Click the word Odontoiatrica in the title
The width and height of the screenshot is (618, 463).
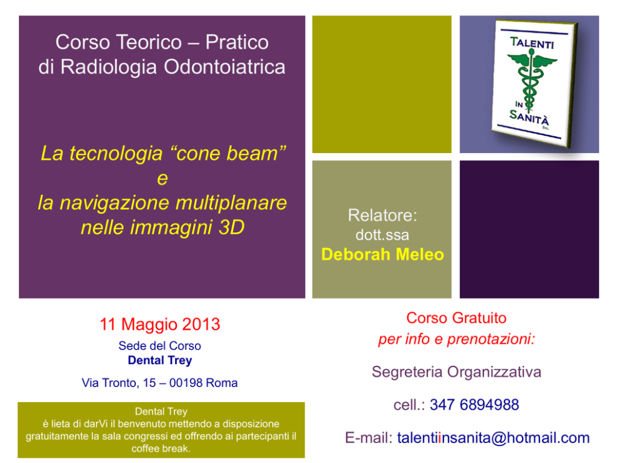[x=224, y=67]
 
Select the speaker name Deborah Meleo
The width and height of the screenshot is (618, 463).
[x=383, y=255]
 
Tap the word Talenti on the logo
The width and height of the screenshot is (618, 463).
[x=532, y=42]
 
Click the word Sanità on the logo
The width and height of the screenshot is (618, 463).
[x=529, y=117]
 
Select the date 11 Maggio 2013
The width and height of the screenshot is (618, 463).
[x=159, y=324]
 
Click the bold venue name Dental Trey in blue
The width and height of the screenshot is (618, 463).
[x=159, y=360]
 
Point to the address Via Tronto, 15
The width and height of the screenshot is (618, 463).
[x=118, y=383]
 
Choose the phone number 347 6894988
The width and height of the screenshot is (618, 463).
[x=474, y=405]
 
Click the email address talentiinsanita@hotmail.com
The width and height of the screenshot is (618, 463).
[x=493, y=438]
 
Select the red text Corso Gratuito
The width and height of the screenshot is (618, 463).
[x=457, y=318]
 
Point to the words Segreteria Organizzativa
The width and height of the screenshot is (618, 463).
[x=457, y=372]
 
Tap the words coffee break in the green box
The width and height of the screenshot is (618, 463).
[x=160, y=449]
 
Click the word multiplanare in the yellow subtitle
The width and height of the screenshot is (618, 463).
[x=231, y=203]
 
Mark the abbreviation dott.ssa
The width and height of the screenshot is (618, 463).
[x=383, y=235]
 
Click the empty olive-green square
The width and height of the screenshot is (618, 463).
[x=381, y=84]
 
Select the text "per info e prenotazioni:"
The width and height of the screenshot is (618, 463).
[x=457, y=339]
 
